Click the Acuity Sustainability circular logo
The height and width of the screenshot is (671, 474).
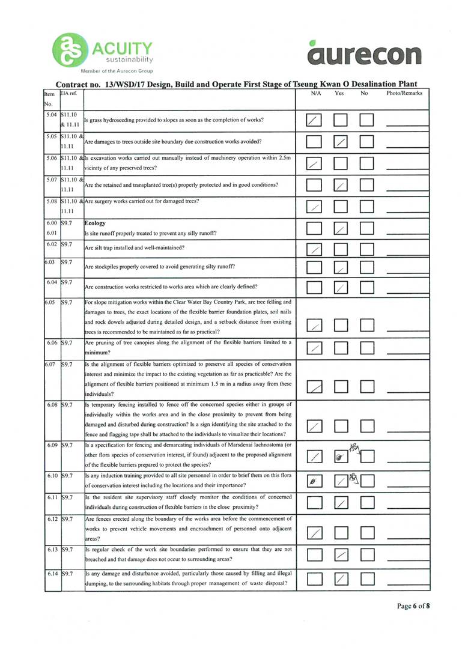click(70, 50)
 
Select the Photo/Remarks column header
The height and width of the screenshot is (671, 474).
click(404, 94)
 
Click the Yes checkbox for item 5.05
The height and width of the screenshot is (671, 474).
click(341, 142)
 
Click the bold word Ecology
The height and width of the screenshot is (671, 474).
click(96, 223)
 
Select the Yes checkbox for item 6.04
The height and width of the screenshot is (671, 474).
click(341, 287)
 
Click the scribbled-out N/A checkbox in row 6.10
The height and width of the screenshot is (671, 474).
click(314, 481)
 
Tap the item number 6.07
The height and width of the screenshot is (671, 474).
click(52, 365)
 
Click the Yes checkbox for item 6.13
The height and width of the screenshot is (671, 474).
click(341, 556)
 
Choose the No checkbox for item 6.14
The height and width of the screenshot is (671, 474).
click(367, 578)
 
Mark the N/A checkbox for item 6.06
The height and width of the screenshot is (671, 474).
click(314, 348)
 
